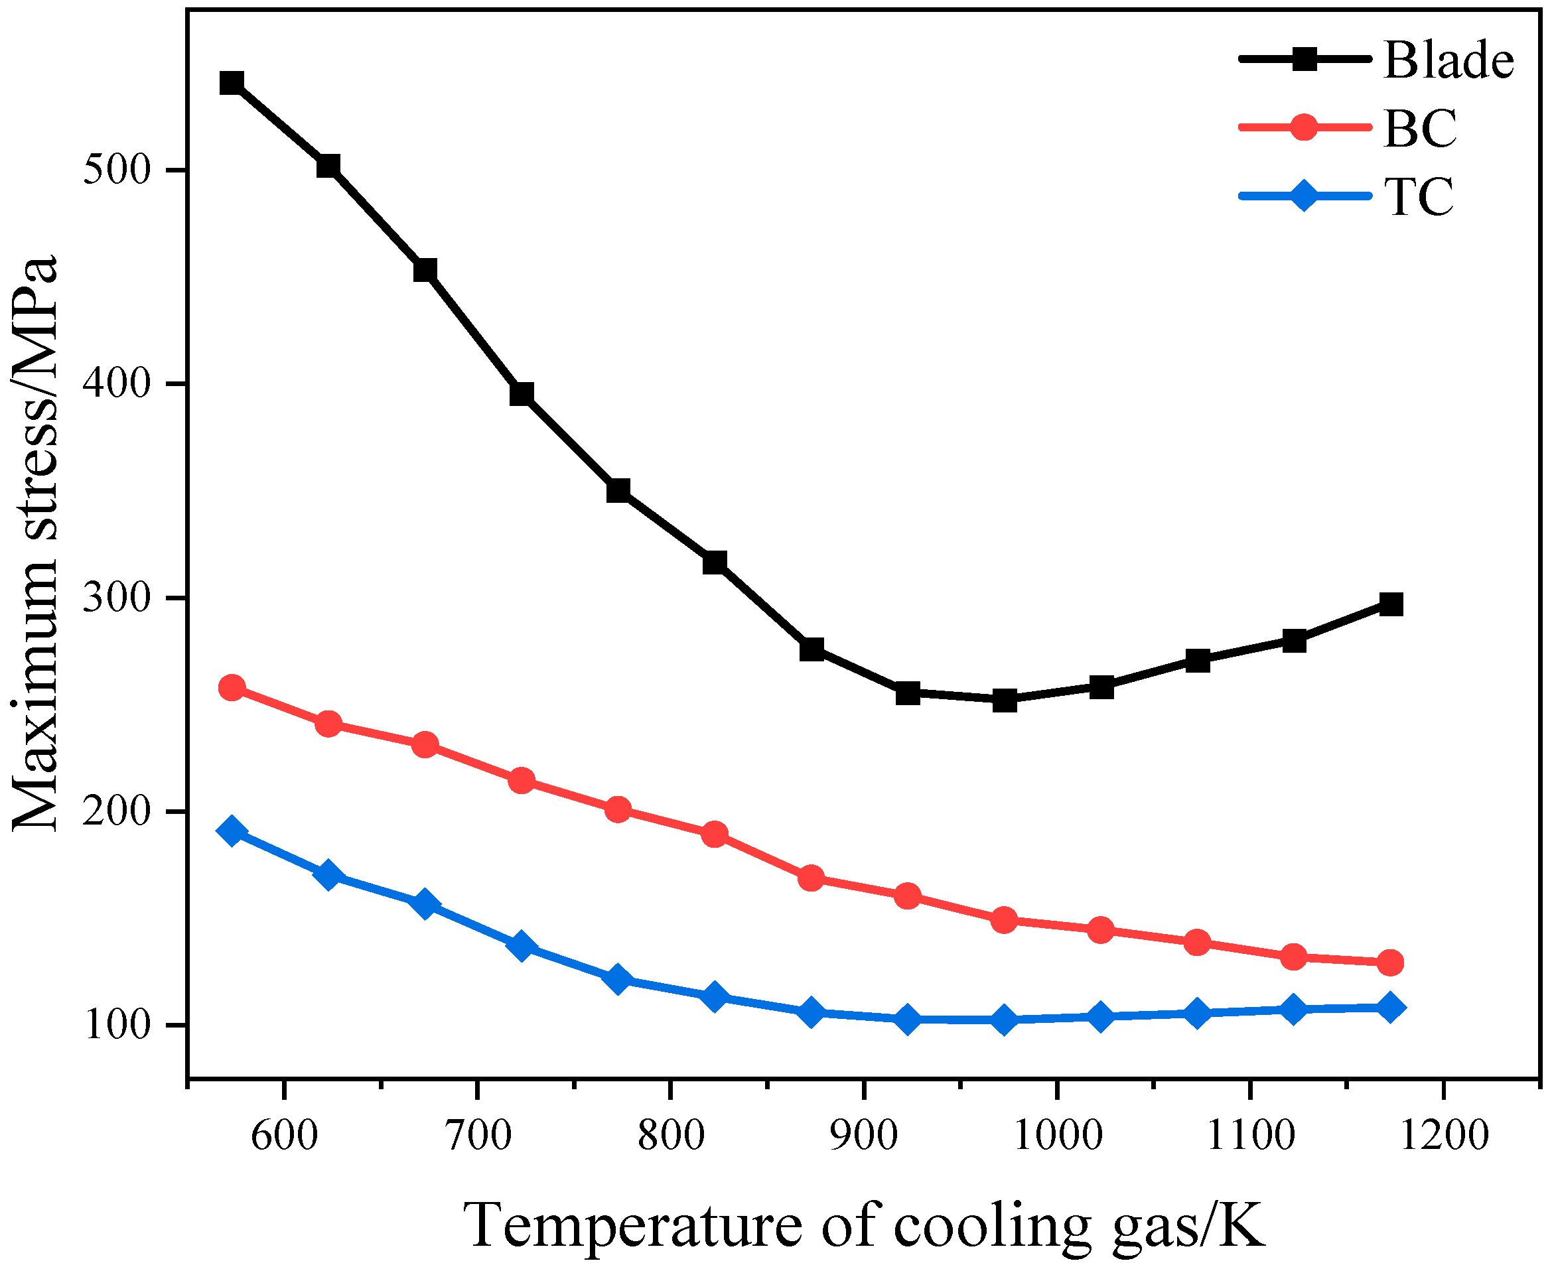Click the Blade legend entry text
(x=1448, y=60)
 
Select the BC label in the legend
(x=1419, y=129)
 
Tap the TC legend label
(x=1418, y=197)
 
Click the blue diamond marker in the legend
(x=1304, y=196)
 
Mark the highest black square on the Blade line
(x=232, y=83)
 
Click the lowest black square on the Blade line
(x=1004, y=701)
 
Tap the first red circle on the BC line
(x=232, y=687)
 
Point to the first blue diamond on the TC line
(x=232, y=831)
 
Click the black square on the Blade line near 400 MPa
(x=522, y=394)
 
